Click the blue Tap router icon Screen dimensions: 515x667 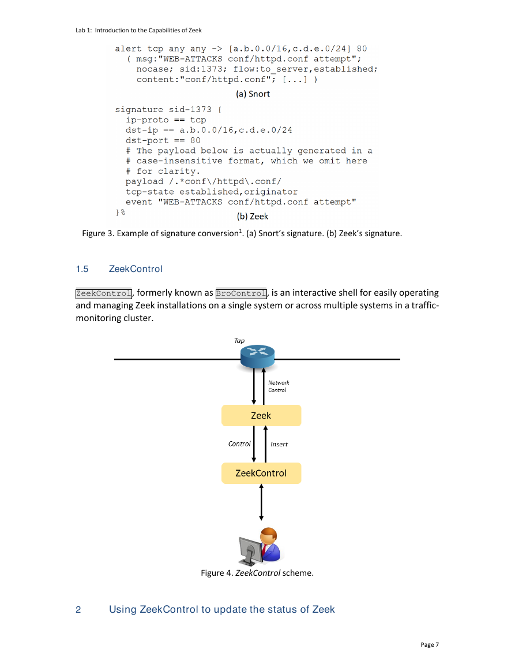[x=257, y=356]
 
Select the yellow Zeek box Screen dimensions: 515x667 [x=261, y=416]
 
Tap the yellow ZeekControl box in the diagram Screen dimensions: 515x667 [x=261, y=473]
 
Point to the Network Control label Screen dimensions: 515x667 [x=279, y=386]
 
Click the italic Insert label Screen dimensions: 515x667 [x=279, y=444]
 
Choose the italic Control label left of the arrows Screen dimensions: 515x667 [x=239, y=444]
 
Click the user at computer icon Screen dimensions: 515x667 [x=260, y=546]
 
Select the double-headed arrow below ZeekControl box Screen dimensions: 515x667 [x=261, y=502]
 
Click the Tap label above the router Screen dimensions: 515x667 [x=239, y=341]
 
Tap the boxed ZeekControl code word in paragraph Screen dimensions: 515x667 [x=104, y=293]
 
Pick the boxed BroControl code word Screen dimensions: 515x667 [x=242, y=293]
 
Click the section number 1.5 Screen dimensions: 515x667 [x=82, y=269]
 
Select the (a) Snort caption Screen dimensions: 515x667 [x=253, y=94]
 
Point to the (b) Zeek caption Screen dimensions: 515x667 [x=253, y=217]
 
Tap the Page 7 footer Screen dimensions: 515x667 [x=430, y=644]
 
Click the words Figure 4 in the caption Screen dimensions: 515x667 [x=217, y=573]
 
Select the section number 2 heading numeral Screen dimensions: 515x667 [x=78, y=610]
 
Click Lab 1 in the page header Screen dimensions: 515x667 [x=83, y=30]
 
